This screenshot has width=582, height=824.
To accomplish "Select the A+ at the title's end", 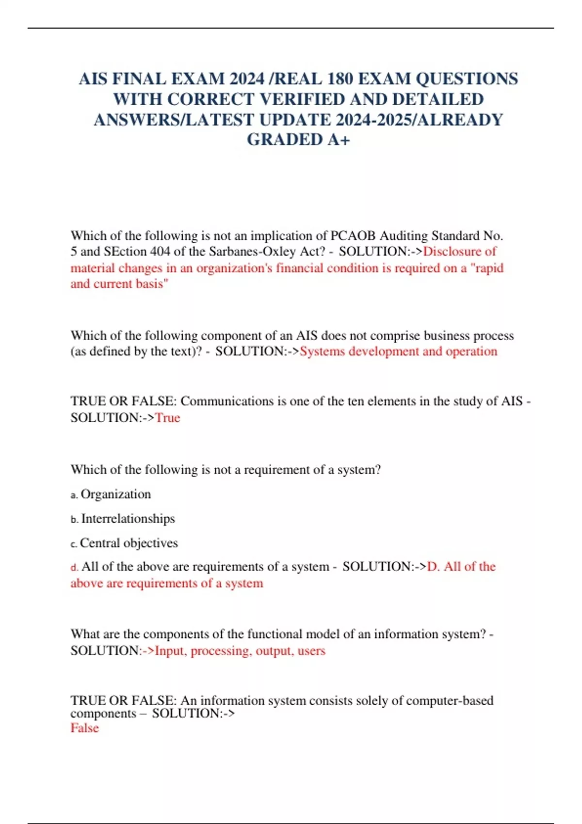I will coord(339,140).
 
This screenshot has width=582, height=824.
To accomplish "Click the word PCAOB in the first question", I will coord(353,236).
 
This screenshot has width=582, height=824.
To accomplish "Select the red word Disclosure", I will coord(453,252).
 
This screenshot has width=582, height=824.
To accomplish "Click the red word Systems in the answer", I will coord(322,351).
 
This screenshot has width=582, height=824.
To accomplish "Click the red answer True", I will coord(167,418).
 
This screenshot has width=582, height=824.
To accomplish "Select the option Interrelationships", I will coord(128,519).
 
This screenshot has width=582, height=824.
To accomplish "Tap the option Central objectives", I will coord(129,543).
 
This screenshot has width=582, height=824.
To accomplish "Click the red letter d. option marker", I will coord(74,567).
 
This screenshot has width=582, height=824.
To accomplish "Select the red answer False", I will coord(85,728).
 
